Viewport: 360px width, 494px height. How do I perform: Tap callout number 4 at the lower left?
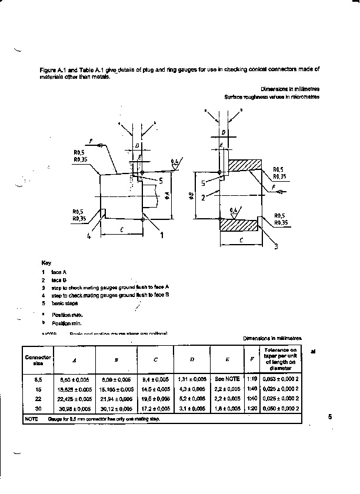click(89, 237)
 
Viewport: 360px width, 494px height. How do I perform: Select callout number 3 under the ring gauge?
click(275, 246)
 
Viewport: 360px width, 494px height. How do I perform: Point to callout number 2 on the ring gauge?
click(203, 198)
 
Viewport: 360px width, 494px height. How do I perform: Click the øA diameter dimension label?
click(167, 193)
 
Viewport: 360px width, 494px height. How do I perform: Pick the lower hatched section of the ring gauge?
click(238, 223)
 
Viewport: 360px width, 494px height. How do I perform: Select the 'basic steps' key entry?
click(64, 303)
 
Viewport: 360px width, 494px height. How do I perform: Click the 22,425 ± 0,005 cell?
click(75, 398)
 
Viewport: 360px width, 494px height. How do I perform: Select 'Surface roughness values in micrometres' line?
click(272, 96)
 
